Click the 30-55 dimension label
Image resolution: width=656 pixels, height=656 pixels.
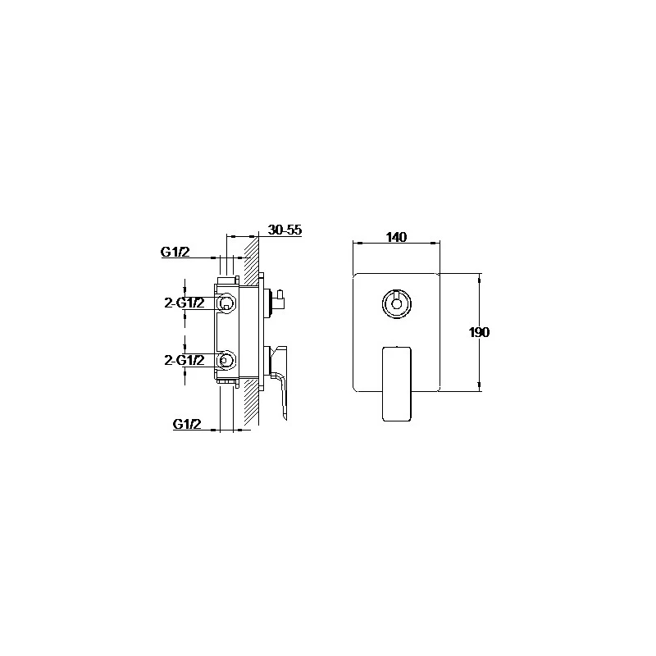pyautogui.click(x=285, y=230)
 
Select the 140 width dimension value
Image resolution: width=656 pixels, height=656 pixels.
pyautogui.click(x=396, y=237)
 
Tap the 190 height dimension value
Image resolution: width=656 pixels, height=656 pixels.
pyautogui.click(x=479, y=332)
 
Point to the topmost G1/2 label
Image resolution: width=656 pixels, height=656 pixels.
pyautogui.click(x=175, y=252)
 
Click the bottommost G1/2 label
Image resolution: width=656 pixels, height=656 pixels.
pyautogui.click(x=187, y=424)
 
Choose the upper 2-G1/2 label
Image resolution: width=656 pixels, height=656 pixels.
pyautogui.click(x=184, y=303)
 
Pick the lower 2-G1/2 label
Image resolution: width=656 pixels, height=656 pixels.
pyautogui.click(x=184, y=360)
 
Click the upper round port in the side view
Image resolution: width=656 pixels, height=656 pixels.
pyautogui.click(x=226, y=302)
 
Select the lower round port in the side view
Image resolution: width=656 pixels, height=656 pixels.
pyautogui.click(x=225, y=360)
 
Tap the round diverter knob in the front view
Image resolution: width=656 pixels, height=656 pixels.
pyautogui.click(x=396, y=303)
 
